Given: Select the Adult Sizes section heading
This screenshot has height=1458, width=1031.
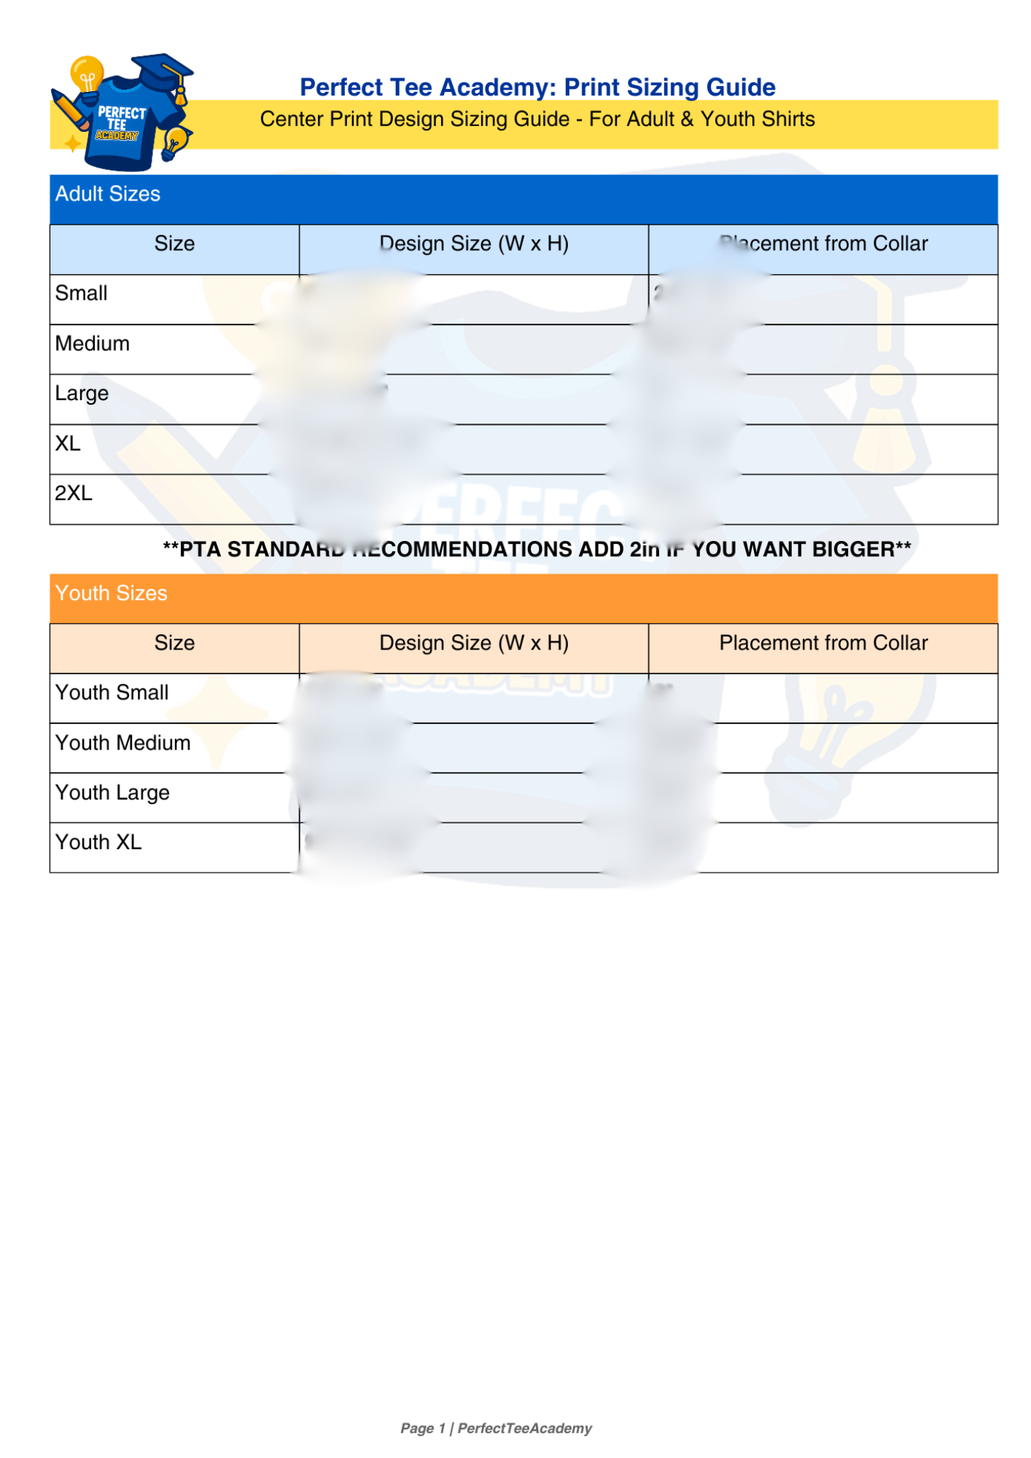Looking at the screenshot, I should coord(108,194).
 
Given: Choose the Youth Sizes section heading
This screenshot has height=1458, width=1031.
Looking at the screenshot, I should coord(112,593).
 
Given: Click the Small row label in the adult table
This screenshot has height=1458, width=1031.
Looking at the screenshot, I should coord(82,293).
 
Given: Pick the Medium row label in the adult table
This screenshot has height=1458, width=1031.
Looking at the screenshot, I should coord(93,343).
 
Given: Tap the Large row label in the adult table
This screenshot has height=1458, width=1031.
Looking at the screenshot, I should coord(82,394).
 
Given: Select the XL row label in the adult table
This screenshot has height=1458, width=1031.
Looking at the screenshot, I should coord(68,443).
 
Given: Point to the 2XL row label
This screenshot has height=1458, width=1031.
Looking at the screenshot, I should coord(74,494).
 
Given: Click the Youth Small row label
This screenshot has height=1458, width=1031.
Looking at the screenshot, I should coord(112,693).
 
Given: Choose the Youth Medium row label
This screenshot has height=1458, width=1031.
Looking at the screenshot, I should coord(123,743).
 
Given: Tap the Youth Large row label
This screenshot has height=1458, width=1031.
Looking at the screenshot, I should coord(112,792).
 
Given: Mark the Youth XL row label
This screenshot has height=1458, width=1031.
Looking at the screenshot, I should coord(98,842).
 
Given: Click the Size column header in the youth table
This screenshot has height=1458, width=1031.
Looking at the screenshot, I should coord(174,643).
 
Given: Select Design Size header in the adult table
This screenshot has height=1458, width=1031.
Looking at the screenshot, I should coord(474,243).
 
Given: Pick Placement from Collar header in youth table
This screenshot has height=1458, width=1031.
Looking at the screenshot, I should coord(823,643).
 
